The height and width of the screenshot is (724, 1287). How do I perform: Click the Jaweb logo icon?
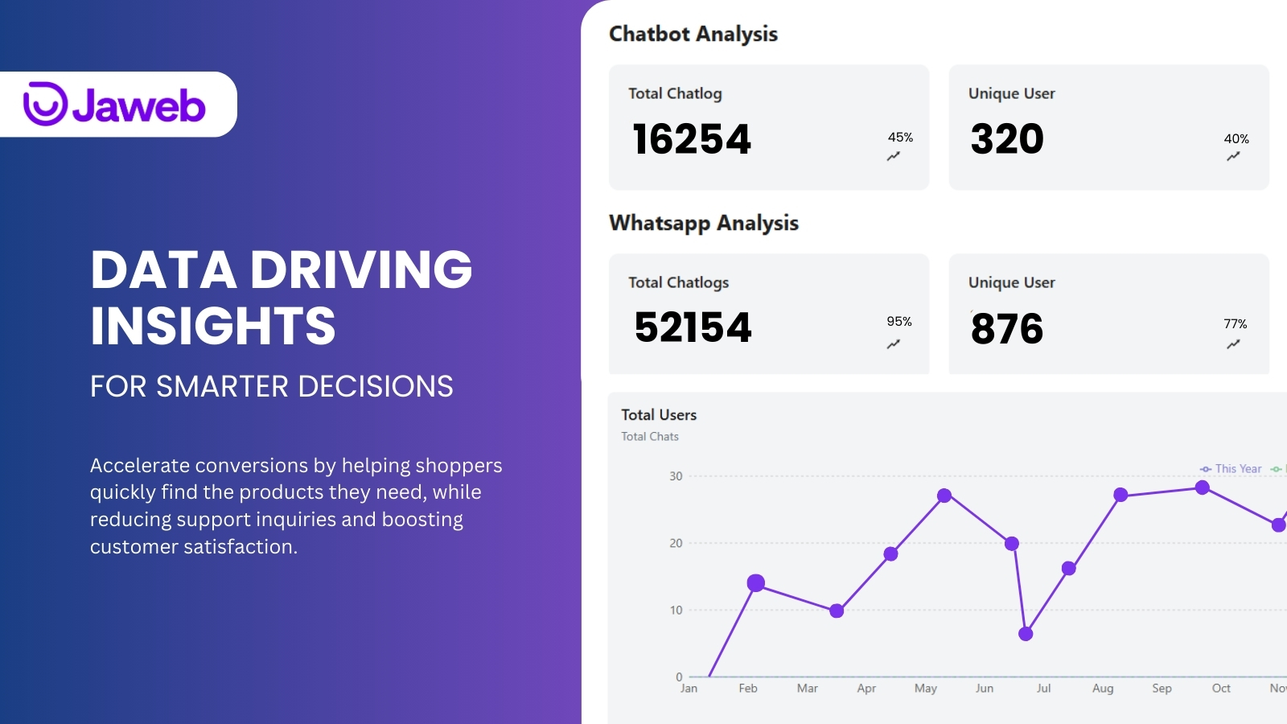coord(45,104)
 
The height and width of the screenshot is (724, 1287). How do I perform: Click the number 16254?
coord(692,139)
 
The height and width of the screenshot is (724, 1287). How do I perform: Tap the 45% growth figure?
coord(900,138)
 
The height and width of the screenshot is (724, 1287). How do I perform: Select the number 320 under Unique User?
coord(1007,139)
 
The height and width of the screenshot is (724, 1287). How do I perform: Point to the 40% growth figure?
coord(1236,139)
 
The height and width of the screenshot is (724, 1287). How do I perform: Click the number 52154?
coord(693,327)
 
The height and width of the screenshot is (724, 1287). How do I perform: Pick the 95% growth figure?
coord(899,322)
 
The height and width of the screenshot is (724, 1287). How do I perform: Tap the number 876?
coord(1007,329)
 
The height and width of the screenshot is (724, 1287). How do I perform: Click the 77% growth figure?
coord(1236,324)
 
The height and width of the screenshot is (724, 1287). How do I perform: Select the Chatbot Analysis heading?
coord(693,35)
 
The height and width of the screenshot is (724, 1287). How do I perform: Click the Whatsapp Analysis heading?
coord(704,224)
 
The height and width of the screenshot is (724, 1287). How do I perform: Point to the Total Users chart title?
coord(659,415)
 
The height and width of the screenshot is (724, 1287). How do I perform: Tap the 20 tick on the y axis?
coord(676,543)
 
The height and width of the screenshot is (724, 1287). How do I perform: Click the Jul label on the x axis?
coord(1043,689)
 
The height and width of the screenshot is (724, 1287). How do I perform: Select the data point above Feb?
coord(755,583)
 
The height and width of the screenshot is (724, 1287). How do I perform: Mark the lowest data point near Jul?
coord(1026,634)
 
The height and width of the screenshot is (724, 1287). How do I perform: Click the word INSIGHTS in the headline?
coord(213,326)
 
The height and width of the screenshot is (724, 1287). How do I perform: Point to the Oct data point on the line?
coord(1202,487)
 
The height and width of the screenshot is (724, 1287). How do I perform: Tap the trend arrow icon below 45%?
coord(894,157)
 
